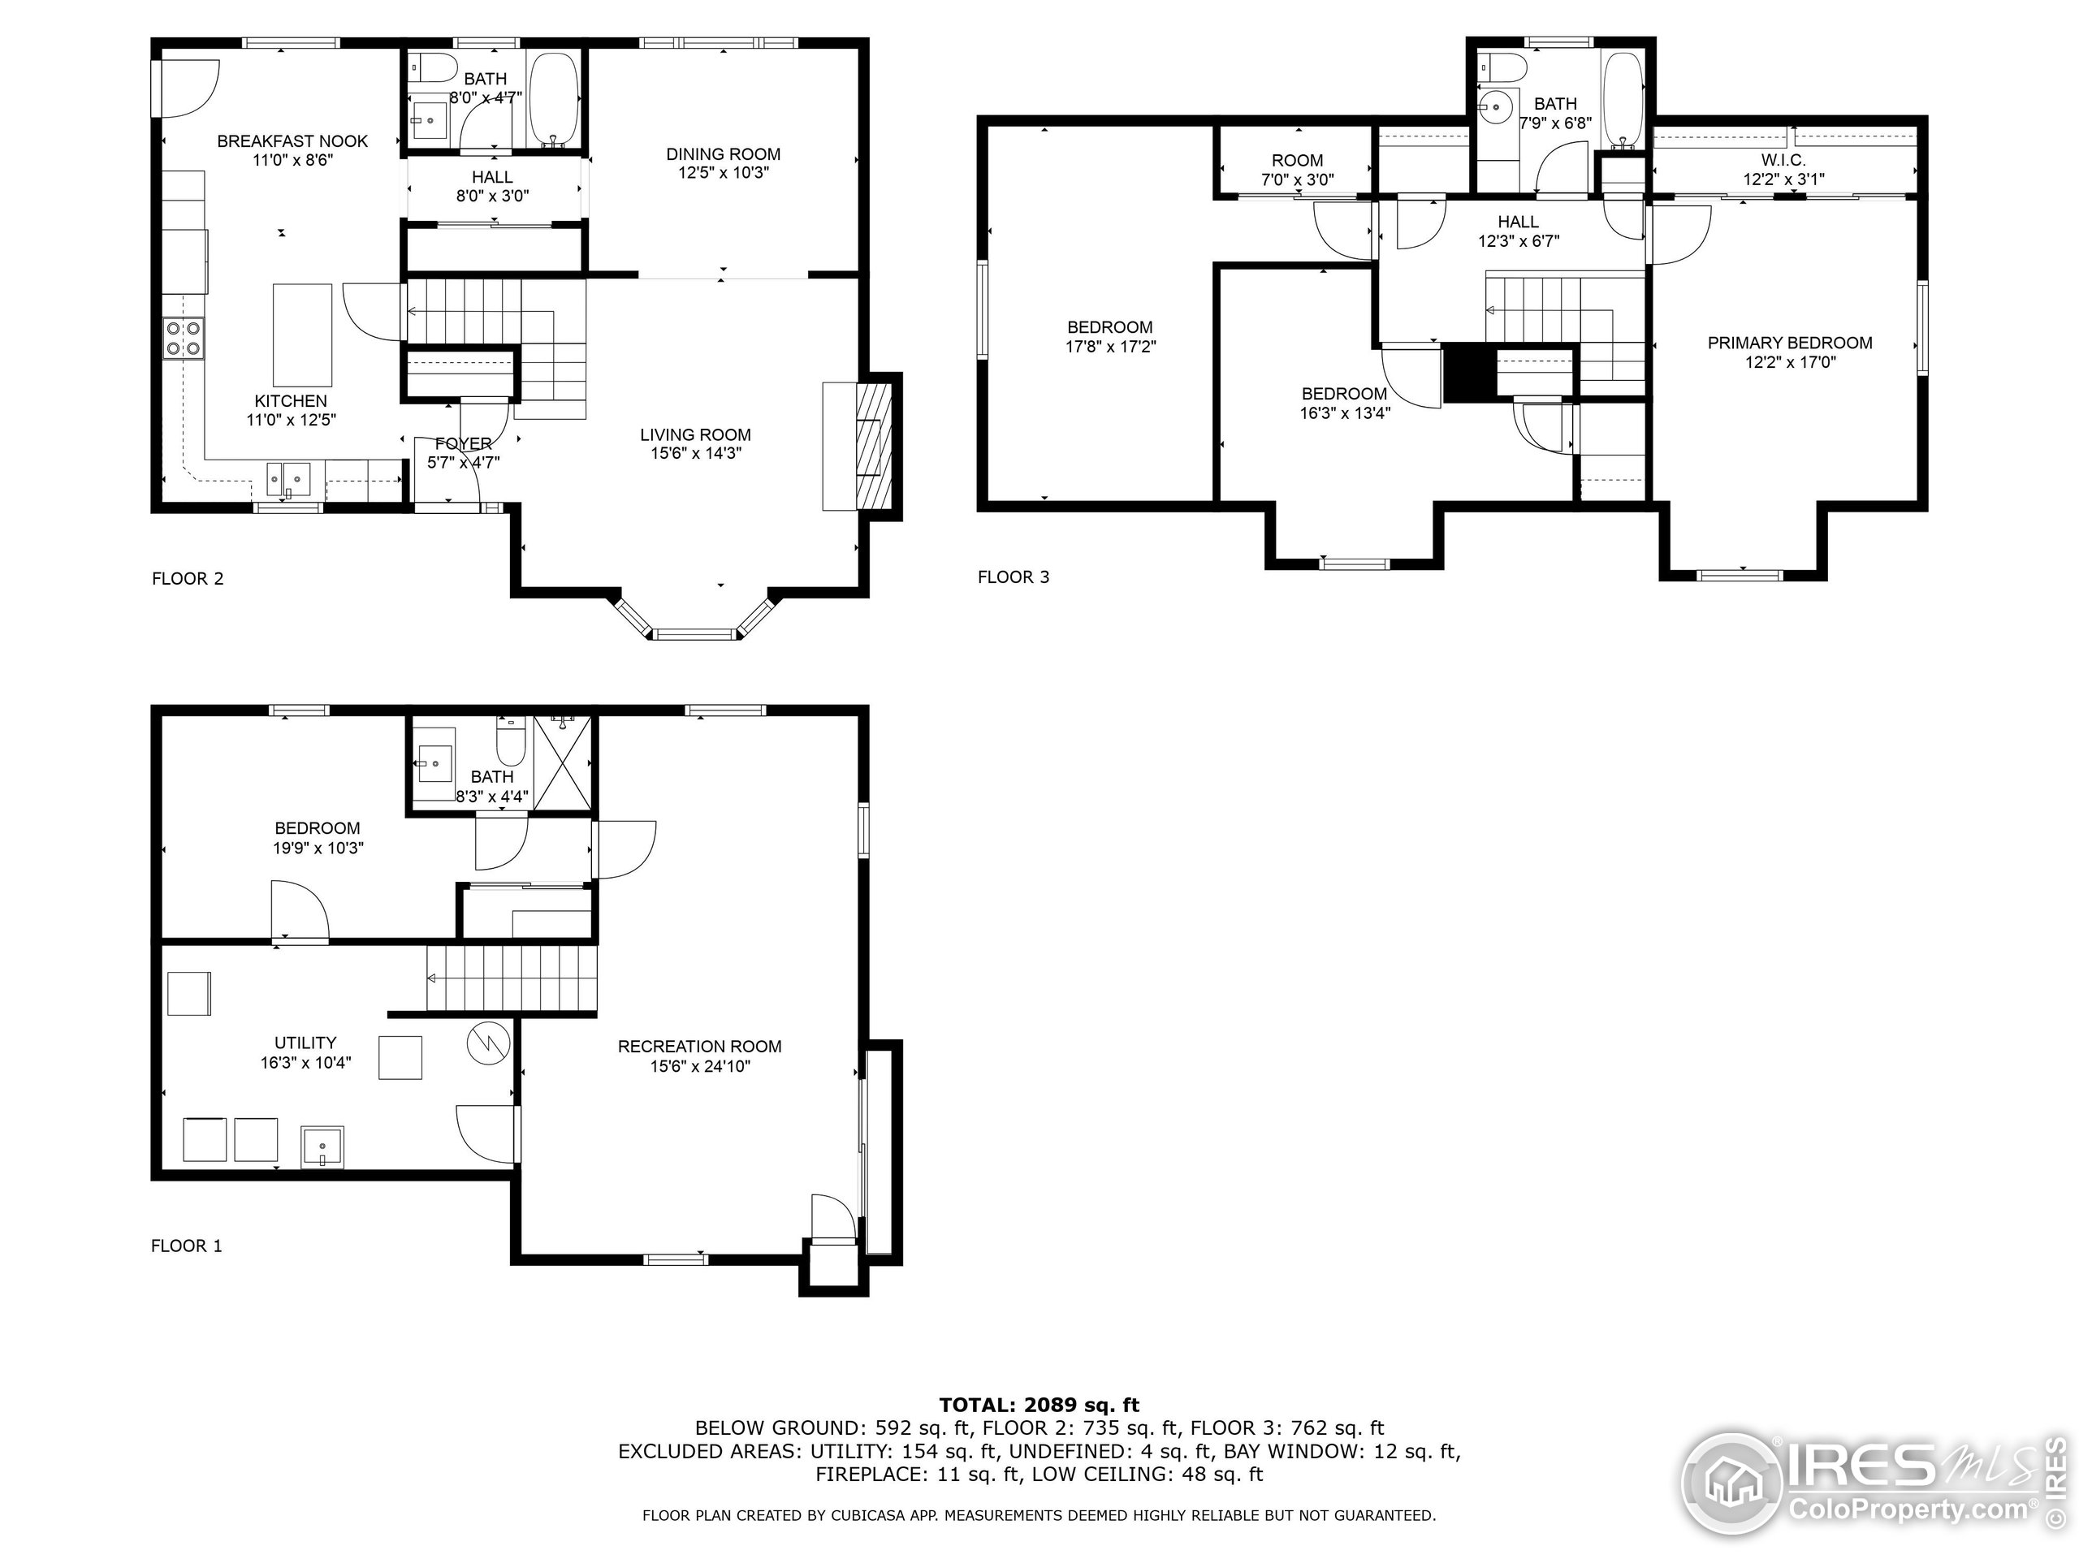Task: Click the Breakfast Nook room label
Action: click(292, 141)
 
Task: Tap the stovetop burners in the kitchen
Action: click(184, 339)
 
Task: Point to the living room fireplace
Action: click(872, 447)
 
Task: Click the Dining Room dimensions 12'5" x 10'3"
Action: click(723, 173)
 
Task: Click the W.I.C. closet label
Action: click(1783, 161)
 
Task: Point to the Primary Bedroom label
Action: click(1790, 343)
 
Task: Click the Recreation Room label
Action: click(699, 1046)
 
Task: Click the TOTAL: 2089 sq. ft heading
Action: click(1039, 1405)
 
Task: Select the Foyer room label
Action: click(464, 443)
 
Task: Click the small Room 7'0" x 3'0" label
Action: click(1297, 161)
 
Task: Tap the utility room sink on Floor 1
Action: click(322, 1147)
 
